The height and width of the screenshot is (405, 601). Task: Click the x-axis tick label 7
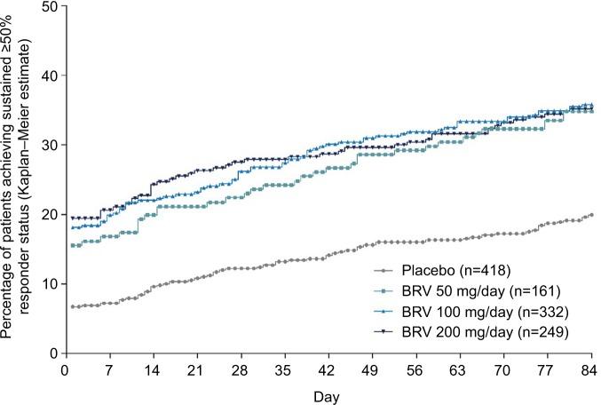tap(110, 368)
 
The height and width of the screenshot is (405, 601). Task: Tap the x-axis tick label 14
tap(154, 368)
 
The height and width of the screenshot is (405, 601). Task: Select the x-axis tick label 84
tap(589, 368)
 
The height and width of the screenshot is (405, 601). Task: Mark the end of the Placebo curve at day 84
tap(590, 214)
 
